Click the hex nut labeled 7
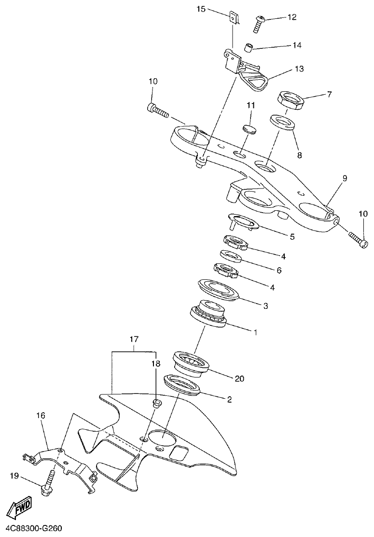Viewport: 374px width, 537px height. point(290,101)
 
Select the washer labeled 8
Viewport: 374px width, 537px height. point(282,122)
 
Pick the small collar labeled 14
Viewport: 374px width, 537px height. point(248,47)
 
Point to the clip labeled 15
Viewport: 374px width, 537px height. point(234,17)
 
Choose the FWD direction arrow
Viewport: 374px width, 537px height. point(20,508)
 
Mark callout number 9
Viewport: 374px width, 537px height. point(345,178)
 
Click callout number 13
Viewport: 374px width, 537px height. point(299,69)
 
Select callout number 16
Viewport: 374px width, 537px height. point(41,415)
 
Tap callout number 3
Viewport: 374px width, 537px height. point(265,305)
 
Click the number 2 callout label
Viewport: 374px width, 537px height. point(229,399)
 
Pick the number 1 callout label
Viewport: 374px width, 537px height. point(256,332)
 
